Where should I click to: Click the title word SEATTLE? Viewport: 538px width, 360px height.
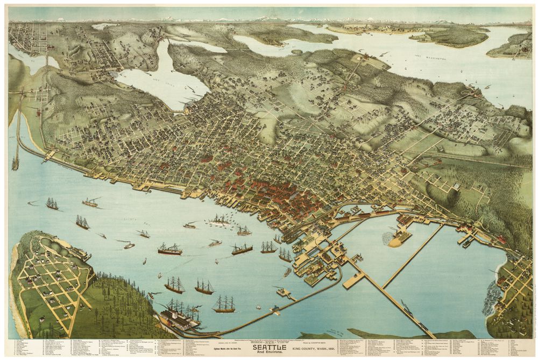click(268, 344)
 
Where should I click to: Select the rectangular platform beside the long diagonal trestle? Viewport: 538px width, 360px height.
click(354, 279)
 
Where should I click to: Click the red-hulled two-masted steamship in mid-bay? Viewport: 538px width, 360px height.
click(169, 249)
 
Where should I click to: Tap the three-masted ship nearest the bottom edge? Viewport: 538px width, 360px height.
click(224, 305)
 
